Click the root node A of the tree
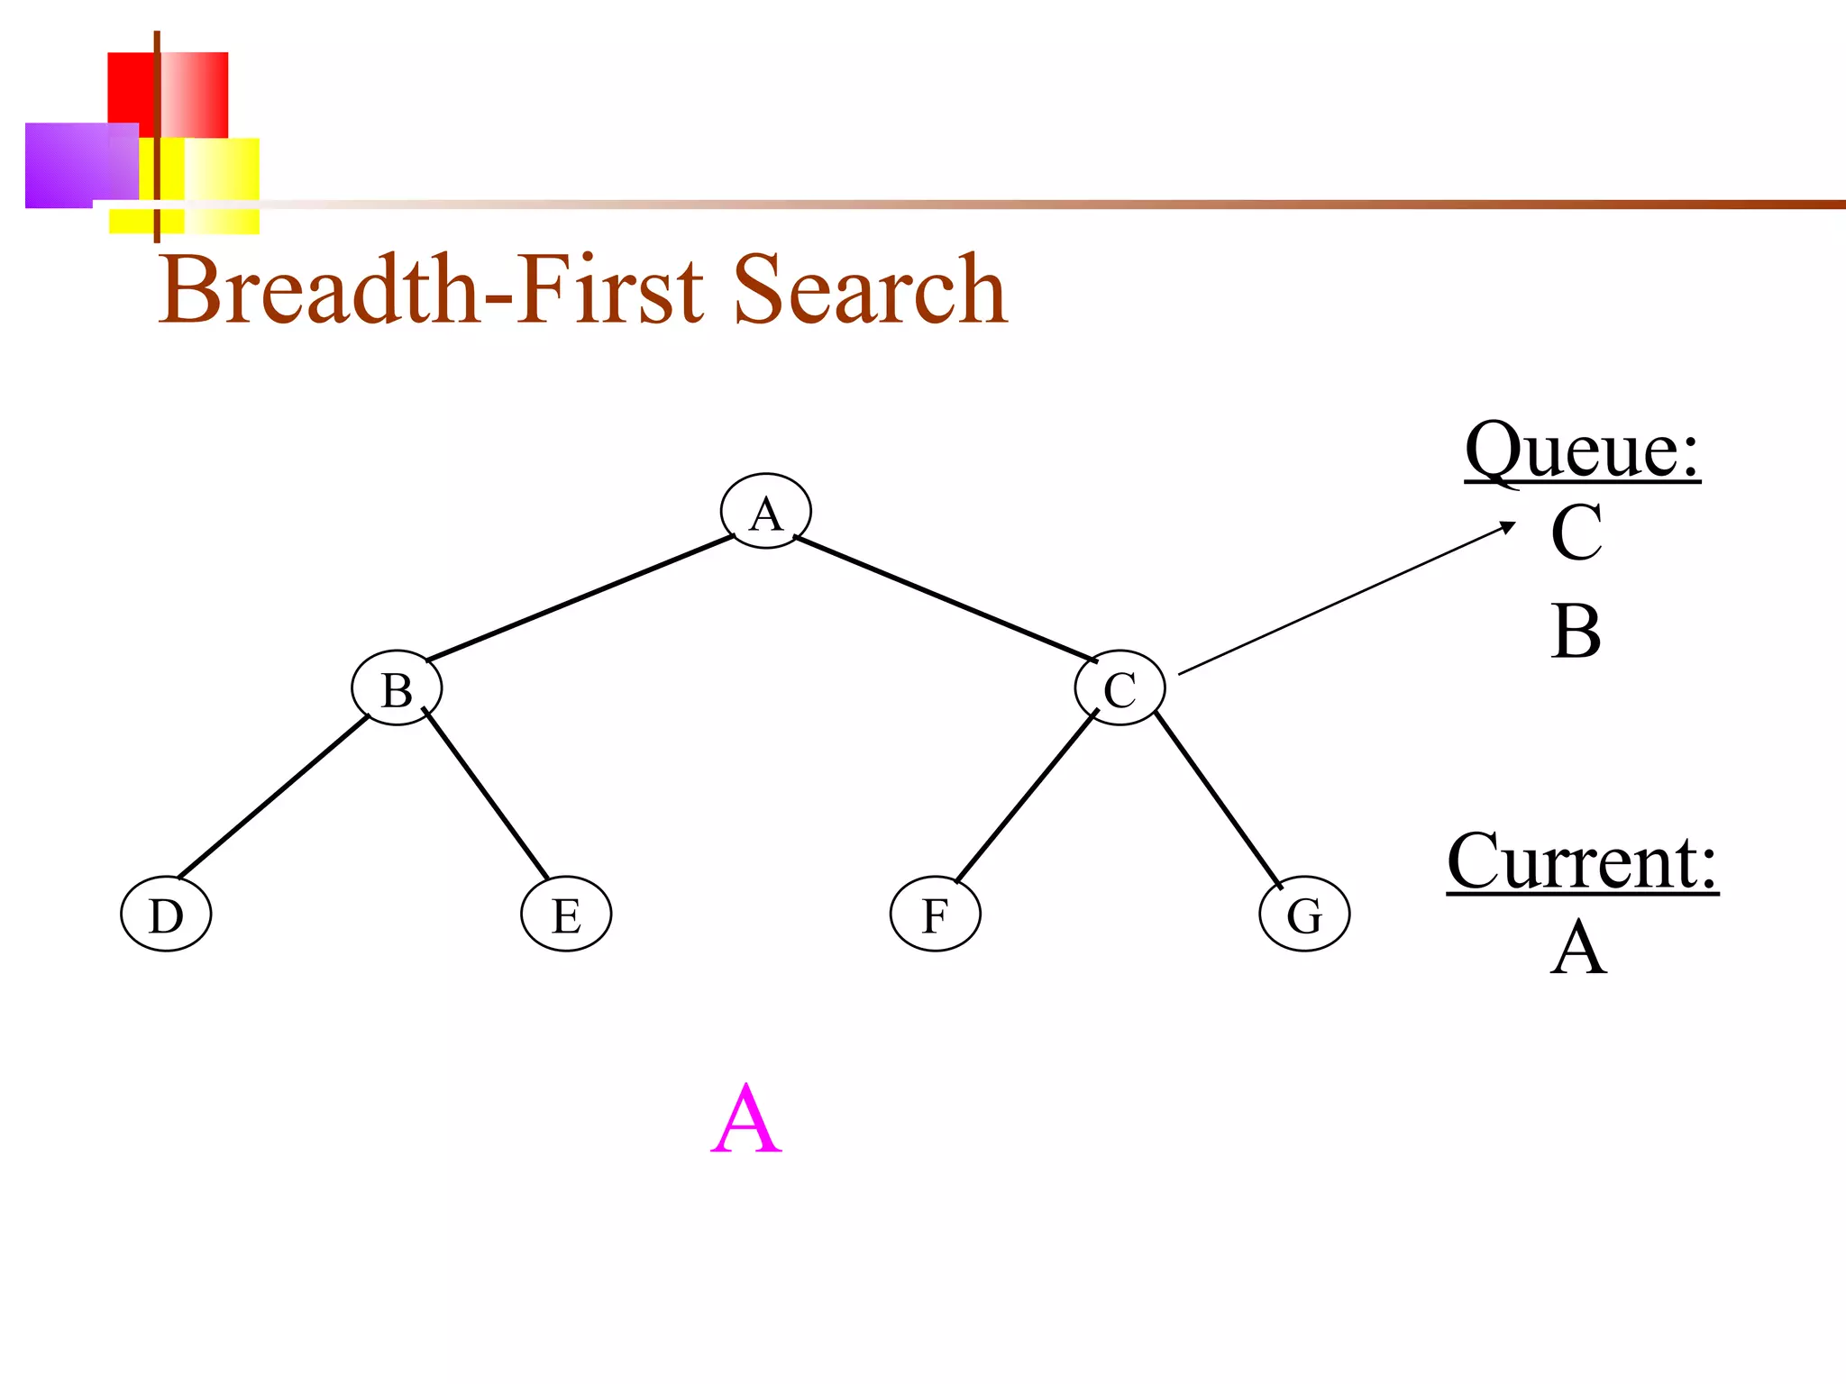(765, 512)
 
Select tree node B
(397, 689)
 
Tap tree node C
(1120, 689)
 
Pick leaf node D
(166, 915)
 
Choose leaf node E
(566, 915)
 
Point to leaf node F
(935, 915)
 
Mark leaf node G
(1304, 915)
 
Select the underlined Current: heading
(1582, 862)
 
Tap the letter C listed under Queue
(1576, 533)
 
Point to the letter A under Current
(1578, 948)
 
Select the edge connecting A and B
(580, 598)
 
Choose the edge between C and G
(1217, 798)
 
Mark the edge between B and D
(273, 797)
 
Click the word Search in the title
(870, 289)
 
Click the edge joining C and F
(1026, 796)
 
